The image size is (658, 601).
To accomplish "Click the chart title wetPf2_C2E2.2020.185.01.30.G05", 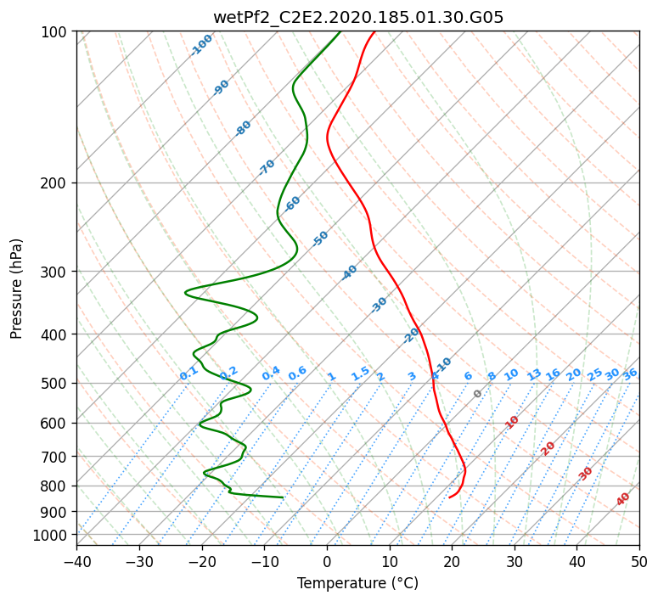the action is pos(358,17).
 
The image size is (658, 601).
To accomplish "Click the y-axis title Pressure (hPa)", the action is pos(15,289).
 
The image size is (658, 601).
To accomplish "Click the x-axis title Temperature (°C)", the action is pos(358,583).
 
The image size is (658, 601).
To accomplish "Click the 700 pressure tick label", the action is pos(56,456).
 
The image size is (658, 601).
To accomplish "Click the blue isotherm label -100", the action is pos(201,45).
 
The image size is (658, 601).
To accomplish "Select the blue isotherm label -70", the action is pos(266,167).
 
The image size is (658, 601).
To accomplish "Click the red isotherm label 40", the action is pos(622,499).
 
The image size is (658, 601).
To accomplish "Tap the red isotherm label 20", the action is pos(548,449).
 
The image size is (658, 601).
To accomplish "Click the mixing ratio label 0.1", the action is pos(188,374).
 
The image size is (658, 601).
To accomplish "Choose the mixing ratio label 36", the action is pos(630,374).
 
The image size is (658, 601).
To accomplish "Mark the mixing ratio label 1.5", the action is pos(360,374).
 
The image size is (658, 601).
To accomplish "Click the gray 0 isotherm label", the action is pos(477,394).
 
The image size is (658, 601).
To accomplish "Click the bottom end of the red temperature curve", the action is pos(449,497).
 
